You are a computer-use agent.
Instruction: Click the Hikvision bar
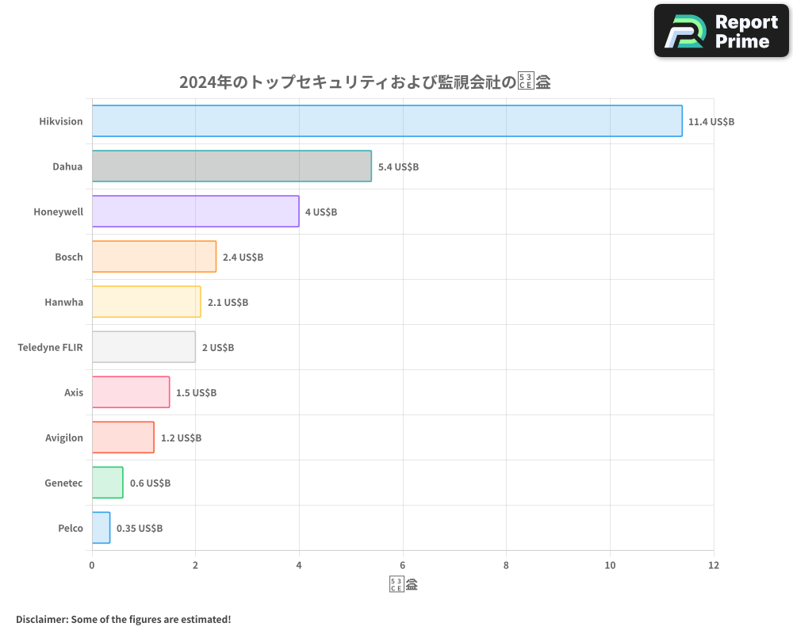coord(387,121)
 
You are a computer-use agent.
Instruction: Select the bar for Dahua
coord(232,166)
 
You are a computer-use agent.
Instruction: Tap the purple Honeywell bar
coord(195,212)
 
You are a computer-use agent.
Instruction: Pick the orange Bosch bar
coord(154,257)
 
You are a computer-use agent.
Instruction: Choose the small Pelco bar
coord(101,528)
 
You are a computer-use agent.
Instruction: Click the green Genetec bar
coord(108,483)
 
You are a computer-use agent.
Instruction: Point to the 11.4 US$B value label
coord(711,122)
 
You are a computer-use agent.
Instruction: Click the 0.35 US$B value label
coord(140,529)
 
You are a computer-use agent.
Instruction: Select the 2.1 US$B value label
coord(228,303)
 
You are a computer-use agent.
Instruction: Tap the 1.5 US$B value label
coord(196,393)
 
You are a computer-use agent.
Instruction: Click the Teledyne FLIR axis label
coord(50,347)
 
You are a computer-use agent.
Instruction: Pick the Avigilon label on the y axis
coord(63,437)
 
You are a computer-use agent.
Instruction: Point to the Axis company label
coord(74,392)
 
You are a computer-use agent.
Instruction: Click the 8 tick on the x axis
coord(506,565)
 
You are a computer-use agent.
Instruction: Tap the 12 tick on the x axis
coord(713,565)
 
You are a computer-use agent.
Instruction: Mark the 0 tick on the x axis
coord(92,565)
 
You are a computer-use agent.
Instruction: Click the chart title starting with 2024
coord(365,82)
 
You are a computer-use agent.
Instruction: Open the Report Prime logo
coord(721,31)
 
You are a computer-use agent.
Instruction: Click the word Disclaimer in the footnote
coord(40,619)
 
